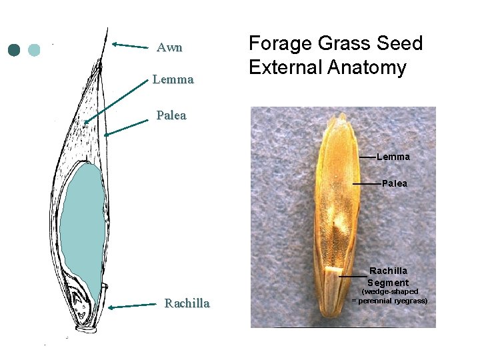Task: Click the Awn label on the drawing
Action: [x=169, y=48]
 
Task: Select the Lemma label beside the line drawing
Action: [x=173, y=80]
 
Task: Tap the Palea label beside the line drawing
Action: [x=171, y=115]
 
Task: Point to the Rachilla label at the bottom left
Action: [x=187, y=304]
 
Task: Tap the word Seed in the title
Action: [x=399, y=44]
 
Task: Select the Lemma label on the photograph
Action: [x=393, y=157]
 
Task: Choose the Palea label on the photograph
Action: [x=395, y=183]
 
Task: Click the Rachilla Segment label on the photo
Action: [x=388, y=277]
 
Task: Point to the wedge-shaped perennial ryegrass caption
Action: [x=389, y=296]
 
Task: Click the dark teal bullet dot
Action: [x=15, y=50]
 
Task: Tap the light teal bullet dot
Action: [x=34, y=50]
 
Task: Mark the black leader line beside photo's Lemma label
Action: [x=367, y=157]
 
